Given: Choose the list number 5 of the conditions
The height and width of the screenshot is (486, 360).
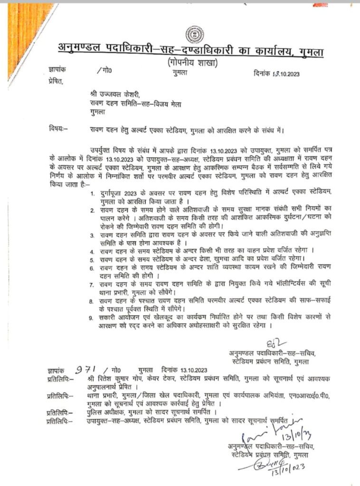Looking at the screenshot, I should pyautogui.click(x=90, y=259).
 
